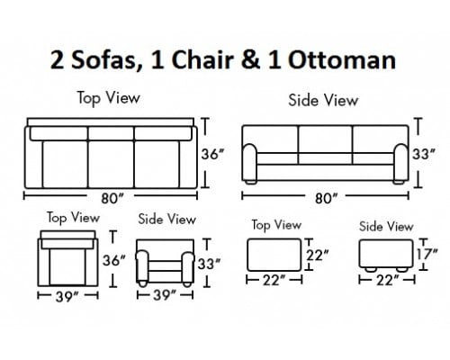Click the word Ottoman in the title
342,59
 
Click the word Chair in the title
202,59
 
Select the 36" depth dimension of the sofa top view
212,154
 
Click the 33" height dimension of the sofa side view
423,154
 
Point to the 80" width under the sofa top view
112,198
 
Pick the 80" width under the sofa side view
327,198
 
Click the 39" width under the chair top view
67,297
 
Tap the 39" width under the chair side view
165,295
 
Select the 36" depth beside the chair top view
114,260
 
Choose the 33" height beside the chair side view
209,264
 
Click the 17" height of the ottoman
427,254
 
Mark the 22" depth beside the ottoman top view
318,256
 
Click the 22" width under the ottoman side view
388,281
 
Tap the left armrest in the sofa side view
249,162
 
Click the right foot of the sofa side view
399,182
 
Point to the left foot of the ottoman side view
370,269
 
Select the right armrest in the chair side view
188,267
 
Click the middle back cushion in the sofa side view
325,139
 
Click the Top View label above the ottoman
276,225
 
